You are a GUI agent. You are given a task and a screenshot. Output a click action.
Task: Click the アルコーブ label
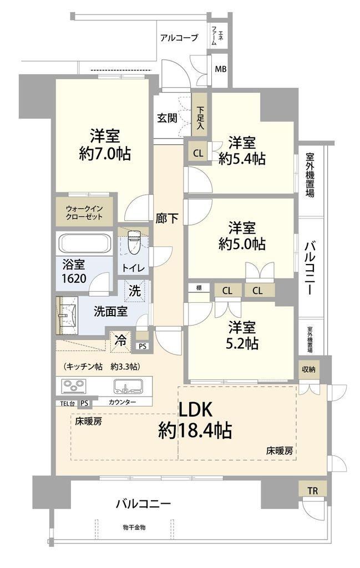pos(179,37)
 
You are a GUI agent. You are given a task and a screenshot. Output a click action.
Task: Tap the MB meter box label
pos(221,68)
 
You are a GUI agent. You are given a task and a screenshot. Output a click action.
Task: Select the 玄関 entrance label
pos(167,118)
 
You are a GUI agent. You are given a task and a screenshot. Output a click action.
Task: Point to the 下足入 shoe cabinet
pos(200,115)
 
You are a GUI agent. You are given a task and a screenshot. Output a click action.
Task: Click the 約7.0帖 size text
pos(105,154)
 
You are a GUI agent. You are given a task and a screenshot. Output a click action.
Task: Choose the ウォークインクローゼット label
pos(84,213)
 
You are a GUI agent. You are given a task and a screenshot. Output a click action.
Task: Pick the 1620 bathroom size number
pos(74,278)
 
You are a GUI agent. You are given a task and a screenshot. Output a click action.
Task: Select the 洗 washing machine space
pos(135,291)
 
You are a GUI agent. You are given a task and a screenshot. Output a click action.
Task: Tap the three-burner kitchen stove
pos(74,386)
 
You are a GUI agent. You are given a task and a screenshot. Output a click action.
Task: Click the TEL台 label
pos(67,403)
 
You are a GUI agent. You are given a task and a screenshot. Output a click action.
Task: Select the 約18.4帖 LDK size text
pos(195,430)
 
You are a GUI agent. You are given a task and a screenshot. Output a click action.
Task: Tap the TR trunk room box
pos(312,491)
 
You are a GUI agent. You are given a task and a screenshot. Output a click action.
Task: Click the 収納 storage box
pos(309,369)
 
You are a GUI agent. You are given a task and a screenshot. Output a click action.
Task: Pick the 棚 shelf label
pos(199,288)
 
